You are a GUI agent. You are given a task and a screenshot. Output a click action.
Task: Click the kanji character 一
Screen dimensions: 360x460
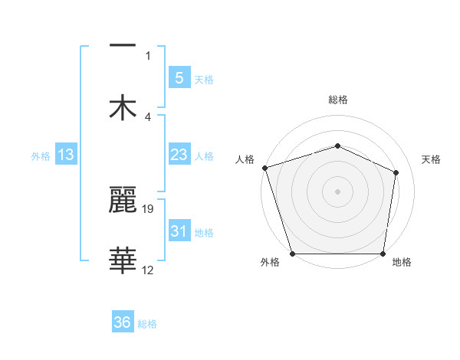123,47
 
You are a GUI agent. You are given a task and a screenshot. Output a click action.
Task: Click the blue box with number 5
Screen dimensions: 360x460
179,77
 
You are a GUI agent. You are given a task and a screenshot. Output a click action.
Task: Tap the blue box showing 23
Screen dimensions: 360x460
179,155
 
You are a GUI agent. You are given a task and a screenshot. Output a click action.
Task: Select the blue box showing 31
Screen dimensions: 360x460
179,231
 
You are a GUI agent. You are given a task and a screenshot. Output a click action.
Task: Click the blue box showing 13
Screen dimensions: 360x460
66,155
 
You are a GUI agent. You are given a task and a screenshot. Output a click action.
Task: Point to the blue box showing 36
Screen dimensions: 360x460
123,322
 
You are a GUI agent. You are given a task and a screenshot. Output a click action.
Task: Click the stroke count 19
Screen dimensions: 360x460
149,208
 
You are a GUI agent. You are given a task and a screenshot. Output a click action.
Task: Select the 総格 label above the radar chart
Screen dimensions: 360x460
337,100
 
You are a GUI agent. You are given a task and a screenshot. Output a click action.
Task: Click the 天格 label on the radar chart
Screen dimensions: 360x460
432,159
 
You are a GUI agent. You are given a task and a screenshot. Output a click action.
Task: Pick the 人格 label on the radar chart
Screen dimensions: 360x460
245,159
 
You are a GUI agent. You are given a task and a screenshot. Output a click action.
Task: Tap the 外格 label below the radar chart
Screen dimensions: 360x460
270,263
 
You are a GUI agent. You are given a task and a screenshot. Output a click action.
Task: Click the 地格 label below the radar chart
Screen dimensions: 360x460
402,263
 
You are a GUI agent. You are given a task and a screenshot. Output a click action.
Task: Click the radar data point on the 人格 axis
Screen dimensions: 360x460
264,167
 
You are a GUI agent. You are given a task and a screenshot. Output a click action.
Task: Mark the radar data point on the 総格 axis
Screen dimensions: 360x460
337,146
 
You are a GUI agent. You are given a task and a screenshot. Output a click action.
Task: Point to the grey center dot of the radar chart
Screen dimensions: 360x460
337,191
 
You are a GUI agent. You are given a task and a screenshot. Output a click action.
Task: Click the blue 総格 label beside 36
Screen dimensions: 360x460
147,324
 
